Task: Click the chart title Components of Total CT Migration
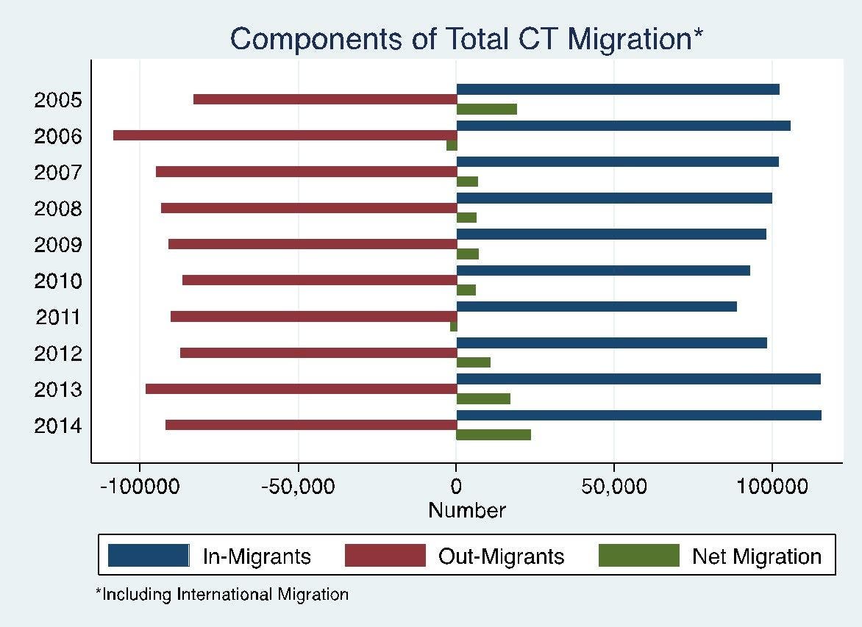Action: point(466,39)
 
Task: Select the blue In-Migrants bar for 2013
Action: point(638,379)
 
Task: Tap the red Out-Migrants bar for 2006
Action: point(285,135)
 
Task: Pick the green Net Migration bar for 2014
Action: point(494,434)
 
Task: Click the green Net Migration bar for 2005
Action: point(486,109)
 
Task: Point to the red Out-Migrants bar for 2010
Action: point(319,280)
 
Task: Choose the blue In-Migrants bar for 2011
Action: point(596,307)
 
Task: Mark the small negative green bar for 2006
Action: point(452,145)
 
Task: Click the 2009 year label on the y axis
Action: point(58,245)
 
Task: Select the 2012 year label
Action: point(58,354)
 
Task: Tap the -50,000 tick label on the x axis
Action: point(297,487)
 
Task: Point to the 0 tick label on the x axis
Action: point(456,487)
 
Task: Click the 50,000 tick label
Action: point(613,487)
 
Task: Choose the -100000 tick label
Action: point(140,487)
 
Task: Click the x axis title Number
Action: point(467,510)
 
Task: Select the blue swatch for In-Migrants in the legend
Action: point(149,555)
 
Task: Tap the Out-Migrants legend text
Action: point(501,556)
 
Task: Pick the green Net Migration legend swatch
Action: point(639,555)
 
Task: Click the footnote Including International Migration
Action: point(222,594)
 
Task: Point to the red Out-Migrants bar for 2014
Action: point(311,425)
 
